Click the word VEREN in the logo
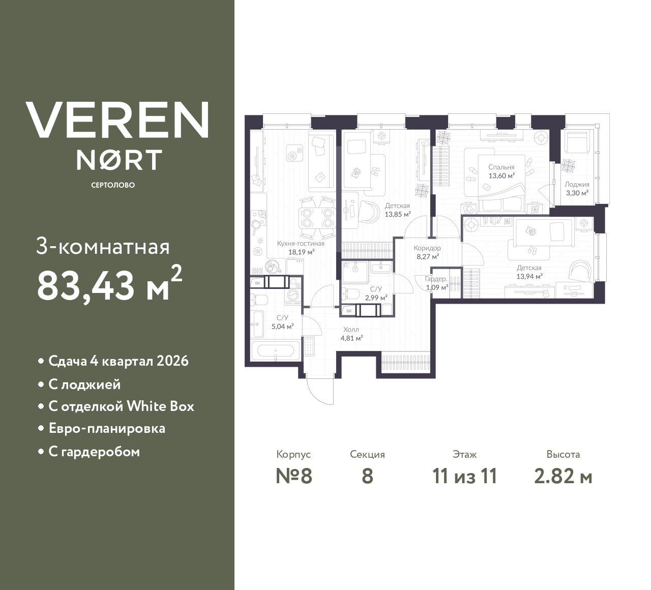[117, 120]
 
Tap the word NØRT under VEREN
[119, 160]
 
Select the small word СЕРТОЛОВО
[113, 185]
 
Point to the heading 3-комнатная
[103, 247]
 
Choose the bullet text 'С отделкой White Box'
[122, 406]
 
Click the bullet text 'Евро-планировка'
[107, 429]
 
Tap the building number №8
[294, 476]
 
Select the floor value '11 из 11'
[465, 476]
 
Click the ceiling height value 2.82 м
[564, 476]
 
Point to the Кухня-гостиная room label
[301, 248]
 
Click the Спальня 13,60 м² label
[501, 171]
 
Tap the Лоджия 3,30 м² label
[577, 189]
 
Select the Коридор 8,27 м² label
[427, 252]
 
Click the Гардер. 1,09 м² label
[436, 283]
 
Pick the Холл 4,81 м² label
[351, 334]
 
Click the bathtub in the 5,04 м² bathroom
[276, 350]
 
